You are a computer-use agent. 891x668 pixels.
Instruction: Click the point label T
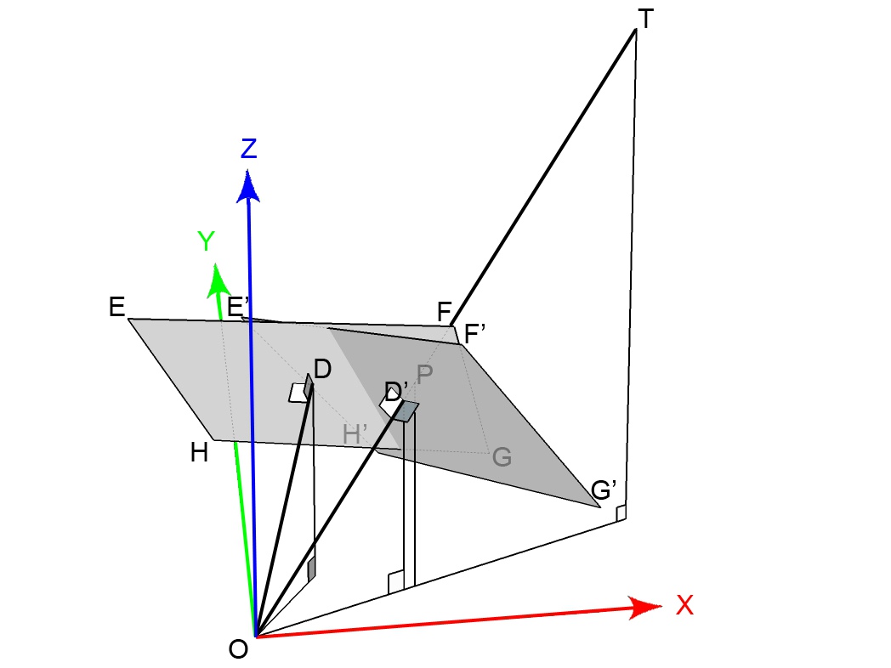[645, 18]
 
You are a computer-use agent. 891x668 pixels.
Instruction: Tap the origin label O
[239, 649]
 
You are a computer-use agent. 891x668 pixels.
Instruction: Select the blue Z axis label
[248, 149]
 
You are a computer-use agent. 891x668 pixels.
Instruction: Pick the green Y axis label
[206, 242]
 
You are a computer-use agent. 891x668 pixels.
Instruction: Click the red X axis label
[684, 605]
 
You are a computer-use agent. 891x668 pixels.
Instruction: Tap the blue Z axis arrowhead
[248, 187]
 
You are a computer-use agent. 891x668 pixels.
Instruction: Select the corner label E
[117, 307]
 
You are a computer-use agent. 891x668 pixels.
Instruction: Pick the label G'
[604, 490]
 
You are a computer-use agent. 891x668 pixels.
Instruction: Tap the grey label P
[424, 375]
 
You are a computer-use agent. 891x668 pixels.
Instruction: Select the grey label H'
[355, 434]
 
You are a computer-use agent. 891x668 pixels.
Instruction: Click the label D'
[395, 392]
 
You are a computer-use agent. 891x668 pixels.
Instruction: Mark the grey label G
[502, 458]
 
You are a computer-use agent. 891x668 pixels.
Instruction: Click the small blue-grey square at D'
[406, 411]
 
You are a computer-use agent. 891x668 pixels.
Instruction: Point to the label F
[444, 313]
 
